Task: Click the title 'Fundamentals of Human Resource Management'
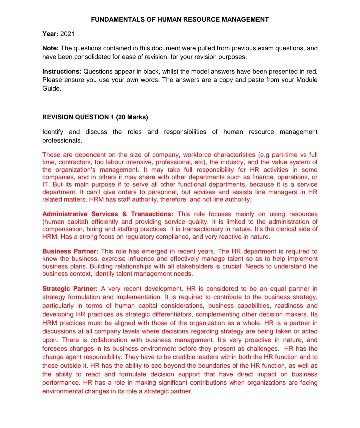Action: point(180,19)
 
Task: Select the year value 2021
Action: point(67,34)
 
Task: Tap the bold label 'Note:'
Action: point(50,48)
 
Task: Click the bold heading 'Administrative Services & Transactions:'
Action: point(108,214)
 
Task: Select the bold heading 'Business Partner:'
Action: point(70,251)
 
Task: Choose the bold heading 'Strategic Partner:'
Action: point(70,288)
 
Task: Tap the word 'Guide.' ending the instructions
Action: point(52,89)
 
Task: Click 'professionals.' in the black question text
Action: point(62,140)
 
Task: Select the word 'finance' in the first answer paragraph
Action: point(263,177)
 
